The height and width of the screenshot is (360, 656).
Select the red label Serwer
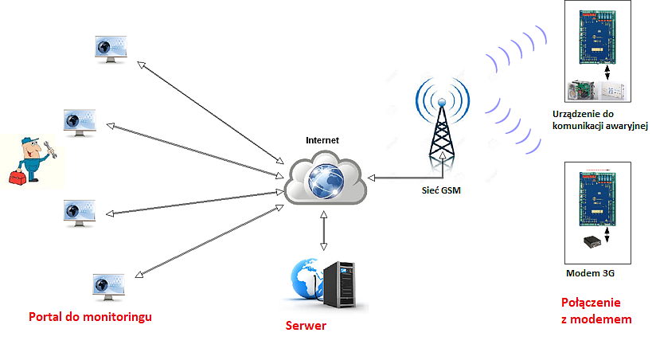pos(306,326)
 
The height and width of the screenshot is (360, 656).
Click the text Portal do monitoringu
pos(90,317)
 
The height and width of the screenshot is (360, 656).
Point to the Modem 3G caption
pos(590,273)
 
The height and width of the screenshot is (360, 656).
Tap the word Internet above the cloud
pos(322,140)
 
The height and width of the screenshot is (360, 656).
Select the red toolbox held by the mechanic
pos(17,178)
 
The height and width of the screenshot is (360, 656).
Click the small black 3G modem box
pos(592,241)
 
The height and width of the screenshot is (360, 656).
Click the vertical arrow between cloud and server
pos(323,233)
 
